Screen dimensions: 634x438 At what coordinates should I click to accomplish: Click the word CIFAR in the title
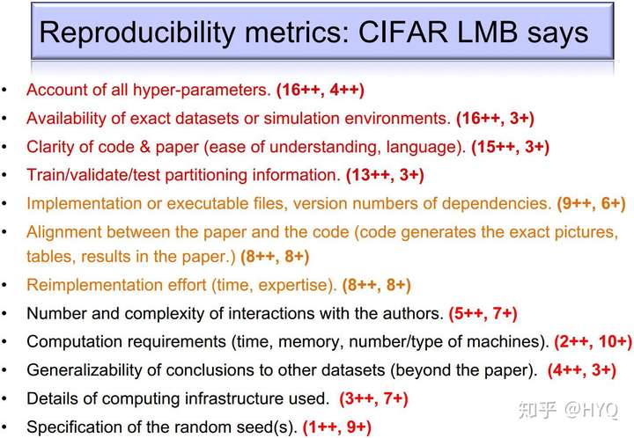(402, 32)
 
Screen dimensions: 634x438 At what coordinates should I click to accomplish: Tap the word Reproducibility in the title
(137, 33)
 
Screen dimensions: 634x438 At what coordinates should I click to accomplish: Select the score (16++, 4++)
(321, 90)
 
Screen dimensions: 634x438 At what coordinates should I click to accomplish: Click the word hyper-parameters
(202, 90)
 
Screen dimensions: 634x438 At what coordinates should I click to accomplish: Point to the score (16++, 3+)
(495, 118)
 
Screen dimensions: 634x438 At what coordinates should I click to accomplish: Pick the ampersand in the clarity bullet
(144, 147)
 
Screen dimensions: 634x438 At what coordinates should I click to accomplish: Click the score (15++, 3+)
(510, 147)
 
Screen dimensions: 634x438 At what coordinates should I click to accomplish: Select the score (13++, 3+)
(385, 175)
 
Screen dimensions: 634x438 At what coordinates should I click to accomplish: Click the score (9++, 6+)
(591, 203)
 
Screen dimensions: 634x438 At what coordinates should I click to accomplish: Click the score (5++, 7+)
(483, 313)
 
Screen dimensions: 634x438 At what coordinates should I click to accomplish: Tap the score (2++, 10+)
(593, 341)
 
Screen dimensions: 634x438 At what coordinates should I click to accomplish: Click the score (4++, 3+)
(582, 370)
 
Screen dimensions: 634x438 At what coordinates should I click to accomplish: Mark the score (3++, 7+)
(373, 398)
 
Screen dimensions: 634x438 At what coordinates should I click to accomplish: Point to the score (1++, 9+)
(336, 427)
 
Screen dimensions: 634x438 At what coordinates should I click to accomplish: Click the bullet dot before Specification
(4, 427)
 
